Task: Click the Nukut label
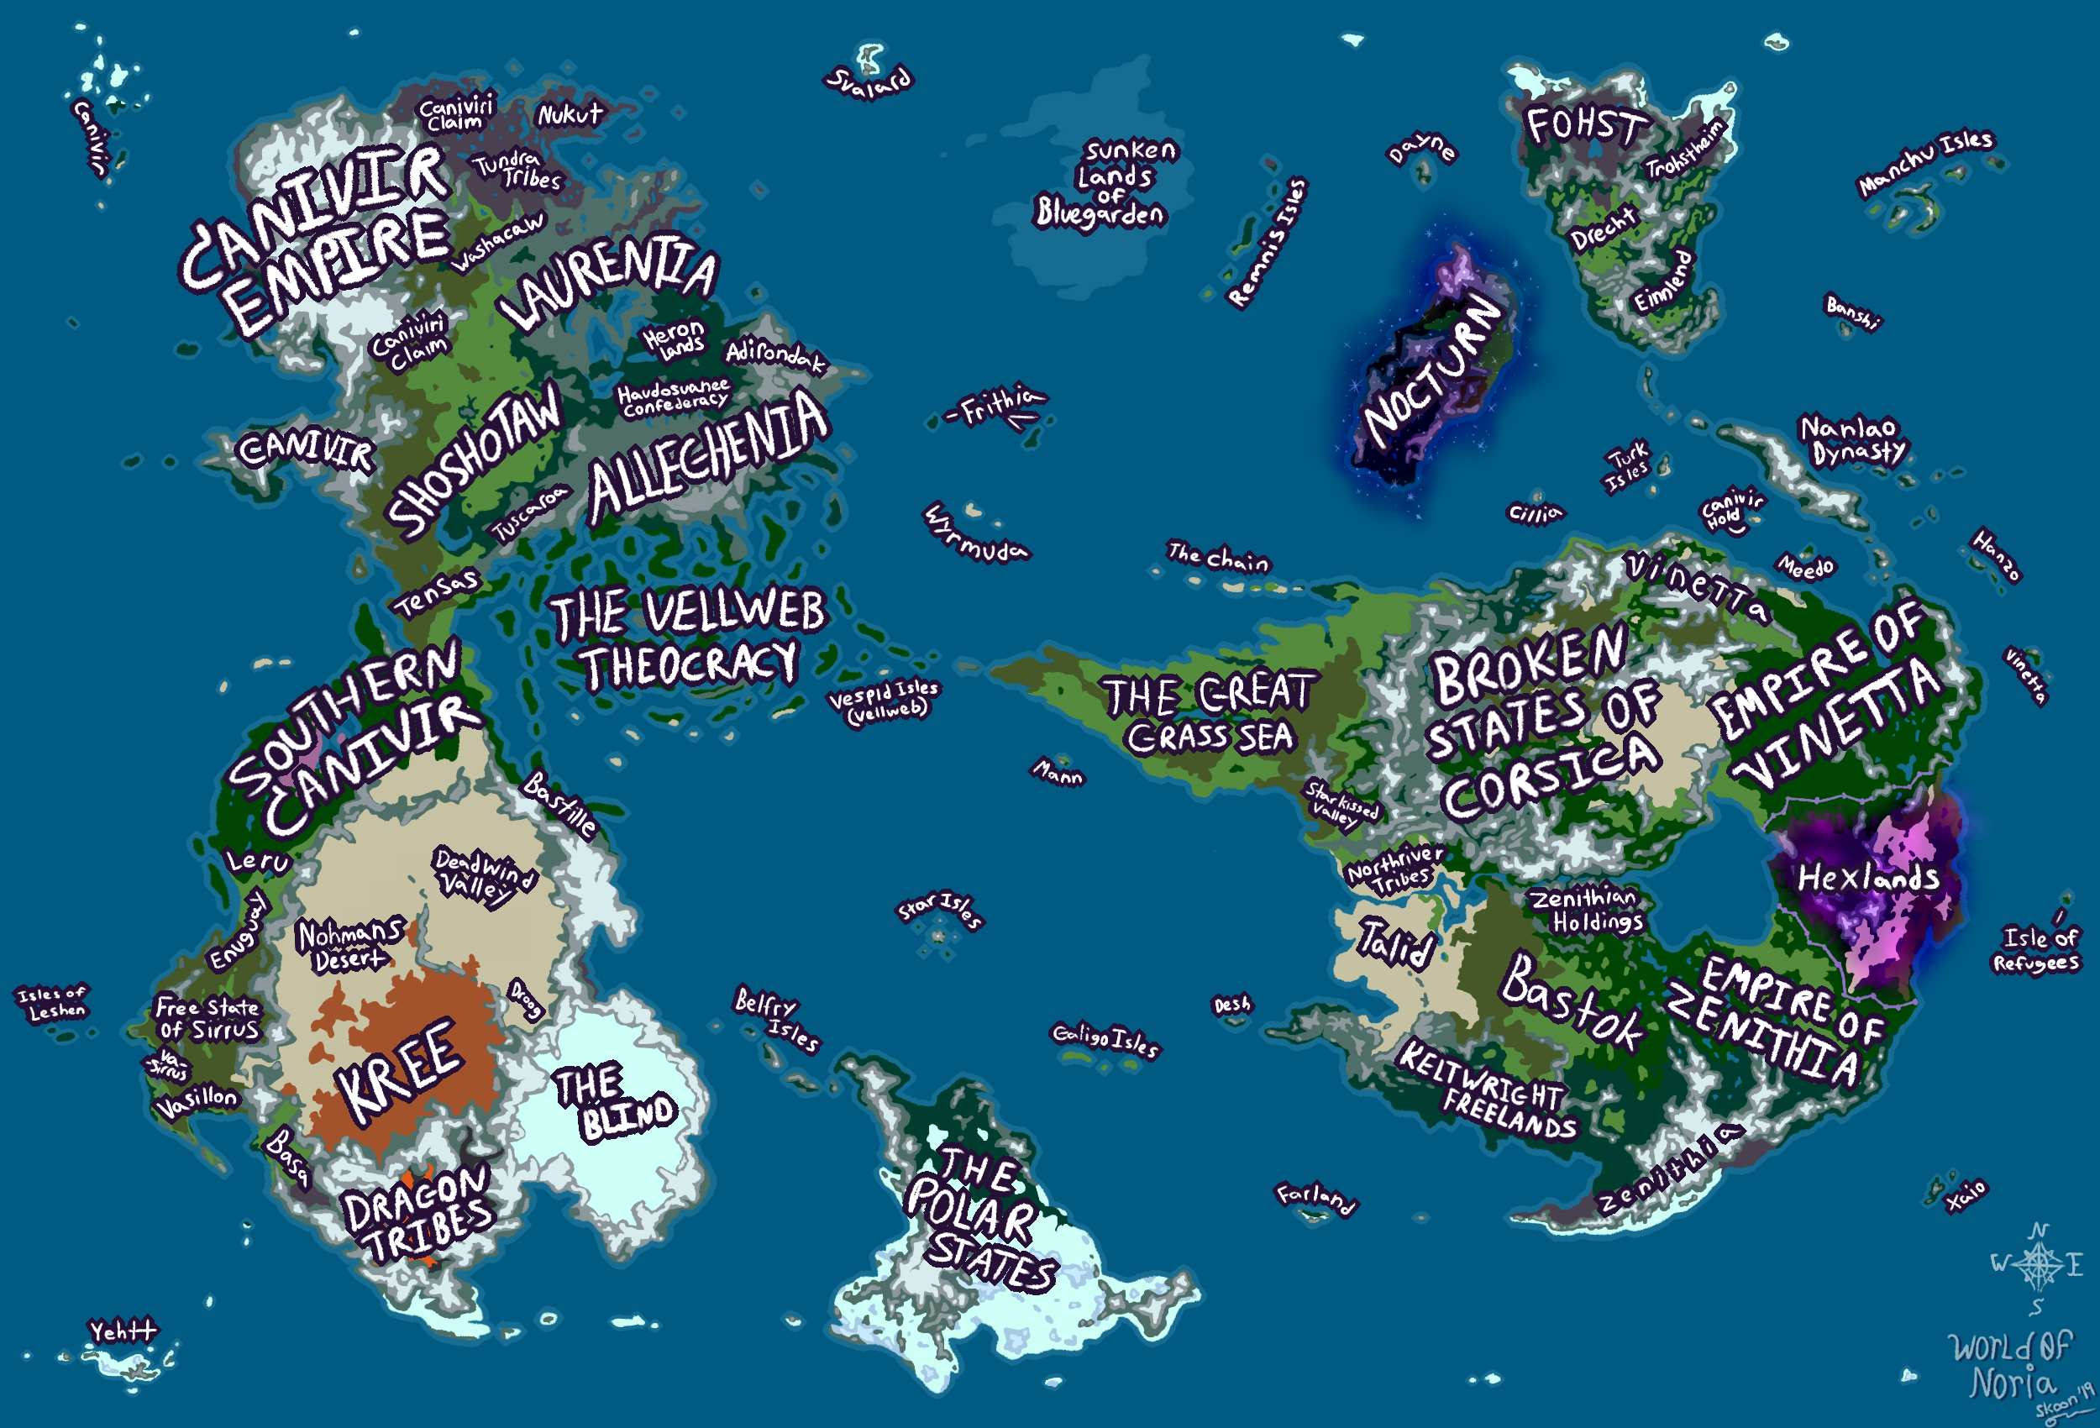pos(570,115)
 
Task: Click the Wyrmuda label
pos(975,534)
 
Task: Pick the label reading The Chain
pos(1218,557)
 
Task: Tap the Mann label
pos(1058,772)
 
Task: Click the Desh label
pos(1232,1005)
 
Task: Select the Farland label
pos(1316,1199)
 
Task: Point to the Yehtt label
pos(122,1331)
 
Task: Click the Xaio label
pos(1967,1195)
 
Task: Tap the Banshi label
pos(1852,312)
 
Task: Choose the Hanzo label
pos(1996,554)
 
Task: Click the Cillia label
pos(1536,513)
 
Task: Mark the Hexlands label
pos(1869,878)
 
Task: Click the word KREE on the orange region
pos(401,1071)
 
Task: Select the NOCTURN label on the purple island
pos(1433,370)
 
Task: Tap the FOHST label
pos(1587,127)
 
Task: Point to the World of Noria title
pos(2011,1365)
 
